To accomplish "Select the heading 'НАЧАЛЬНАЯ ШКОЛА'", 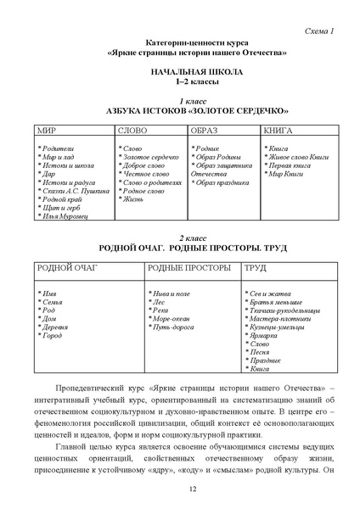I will [x=181, y=75].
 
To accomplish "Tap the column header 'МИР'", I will [x=46, y=133].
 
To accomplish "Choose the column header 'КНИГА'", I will [x=279, y=133].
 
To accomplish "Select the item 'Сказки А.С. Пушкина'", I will [x=74, y=192].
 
